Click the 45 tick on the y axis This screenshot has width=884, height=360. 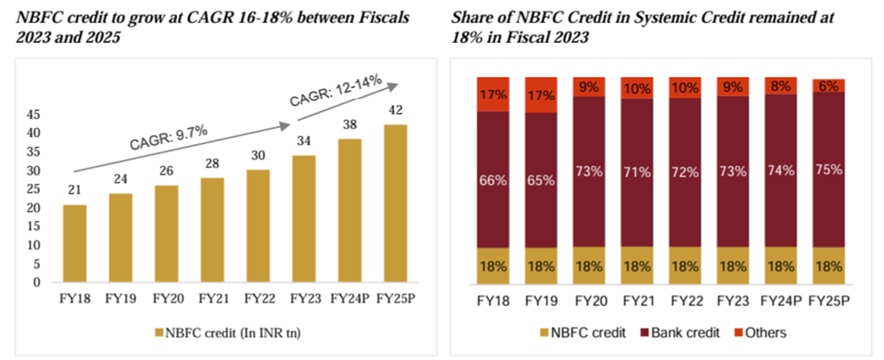click(33, 115)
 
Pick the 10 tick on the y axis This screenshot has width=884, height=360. click(33, 245)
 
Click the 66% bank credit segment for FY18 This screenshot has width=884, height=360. click(492, 179)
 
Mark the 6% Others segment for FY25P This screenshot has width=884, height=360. click(827, 85)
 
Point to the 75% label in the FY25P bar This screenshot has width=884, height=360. click(827, 169)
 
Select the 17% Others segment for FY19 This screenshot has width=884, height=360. click(540, 95)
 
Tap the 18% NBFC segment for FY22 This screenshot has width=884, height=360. click(684, 265)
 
